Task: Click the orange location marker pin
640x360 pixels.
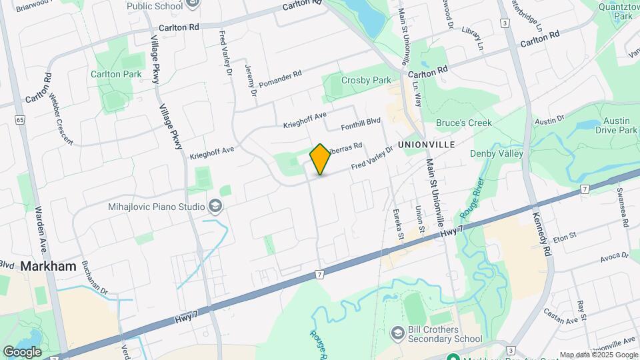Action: tap(321, 159)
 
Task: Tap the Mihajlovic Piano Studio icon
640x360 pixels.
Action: tap(215, 207)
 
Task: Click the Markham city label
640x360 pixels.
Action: tap(48, 265)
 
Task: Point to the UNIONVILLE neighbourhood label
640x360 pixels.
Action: tap(426, 144)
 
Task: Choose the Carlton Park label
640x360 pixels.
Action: tap(116, 74)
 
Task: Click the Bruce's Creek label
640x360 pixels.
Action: tap(464, 123)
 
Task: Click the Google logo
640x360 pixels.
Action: tap(22, 351)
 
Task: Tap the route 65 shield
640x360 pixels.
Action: tap(20, 120)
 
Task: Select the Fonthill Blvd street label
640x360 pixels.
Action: tap(360, 123)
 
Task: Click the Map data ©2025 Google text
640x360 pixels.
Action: tap(598, 355)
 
